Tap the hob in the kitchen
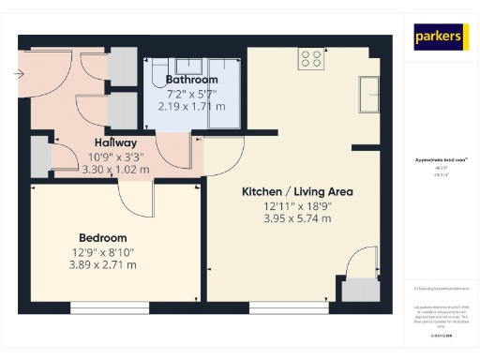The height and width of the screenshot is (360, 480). click(311, 59)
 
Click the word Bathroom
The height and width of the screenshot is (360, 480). click(191, 80)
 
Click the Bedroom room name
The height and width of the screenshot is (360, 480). click(103, 238)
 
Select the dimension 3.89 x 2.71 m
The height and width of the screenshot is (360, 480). click(103, 265)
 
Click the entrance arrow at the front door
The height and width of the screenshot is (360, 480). click(19, 72)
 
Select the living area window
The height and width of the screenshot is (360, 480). click(288, 305)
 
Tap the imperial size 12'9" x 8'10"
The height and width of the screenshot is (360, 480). click(103, 252)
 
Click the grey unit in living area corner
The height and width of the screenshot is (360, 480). click(356, 290)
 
